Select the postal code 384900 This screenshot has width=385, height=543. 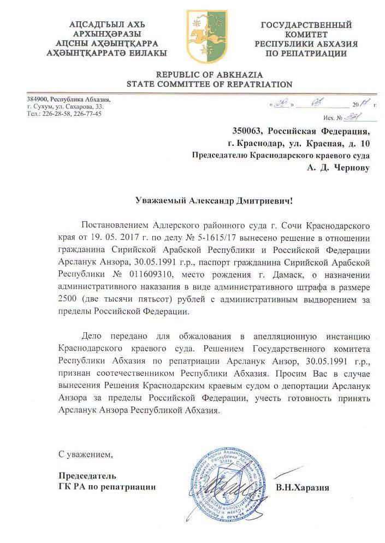click(x=37, y=99)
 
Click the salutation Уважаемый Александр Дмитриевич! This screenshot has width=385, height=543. click(x=214, y=200)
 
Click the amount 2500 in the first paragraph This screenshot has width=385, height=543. click(x=67, y=299)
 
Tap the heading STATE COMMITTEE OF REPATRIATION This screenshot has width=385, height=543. click(x=209, y=85)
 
